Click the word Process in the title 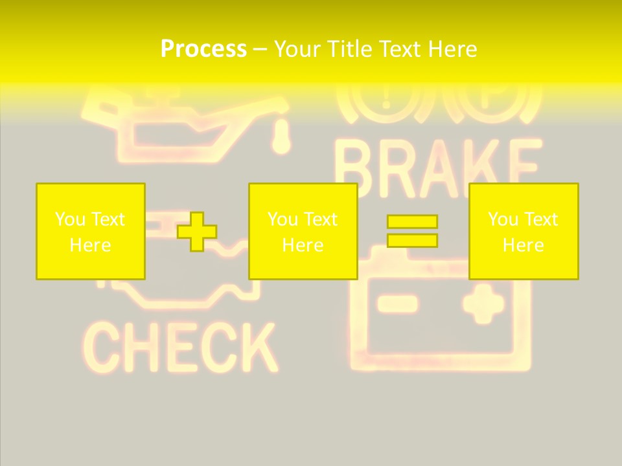coord(203,49)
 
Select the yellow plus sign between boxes coord(197,232)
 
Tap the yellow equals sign coord(412,231)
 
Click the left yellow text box coord(91,231)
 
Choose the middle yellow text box coord(303,231)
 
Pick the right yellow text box coord(524,231)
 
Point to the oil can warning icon coord(188,123)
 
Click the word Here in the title coord(452,49)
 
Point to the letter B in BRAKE coord(356,168)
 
